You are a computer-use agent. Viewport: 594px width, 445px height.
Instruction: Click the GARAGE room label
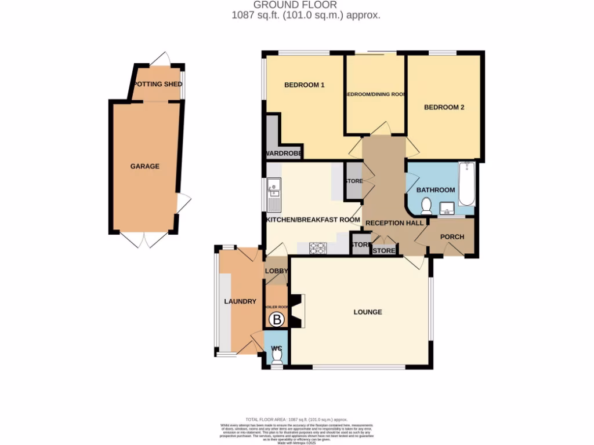144,166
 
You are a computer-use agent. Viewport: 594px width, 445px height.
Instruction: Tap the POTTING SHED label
157,85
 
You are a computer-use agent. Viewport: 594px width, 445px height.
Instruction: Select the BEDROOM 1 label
304,85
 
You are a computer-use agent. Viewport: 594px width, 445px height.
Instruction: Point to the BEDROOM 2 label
444,107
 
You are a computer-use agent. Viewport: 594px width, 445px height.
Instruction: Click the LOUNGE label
368,312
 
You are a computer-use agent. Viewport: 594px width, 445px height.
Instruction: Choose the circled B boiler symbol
277,319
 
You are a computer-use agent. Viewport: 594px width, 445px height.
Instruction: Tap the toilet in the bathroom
426,205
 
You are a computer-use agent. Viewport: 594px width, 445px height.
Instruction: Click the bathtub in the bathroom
466,185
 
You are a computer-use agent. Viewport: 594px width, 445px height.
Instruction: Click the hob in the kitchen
318,247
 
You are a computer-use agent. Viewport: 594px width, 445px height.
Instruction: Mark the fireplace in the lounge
297,311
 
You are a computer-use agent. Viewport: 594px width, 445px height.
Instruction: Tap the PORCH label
452,237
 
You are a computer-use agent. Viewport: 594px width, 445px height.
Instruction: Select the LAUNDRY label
240,302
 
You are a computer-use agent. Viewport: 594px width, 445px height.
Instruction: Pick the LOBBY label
276,271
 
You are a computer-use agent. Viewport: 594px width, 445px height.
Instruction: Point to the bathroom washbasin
447,207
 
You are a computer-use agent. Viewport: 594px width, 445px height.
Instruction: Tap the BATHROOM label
435,190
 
